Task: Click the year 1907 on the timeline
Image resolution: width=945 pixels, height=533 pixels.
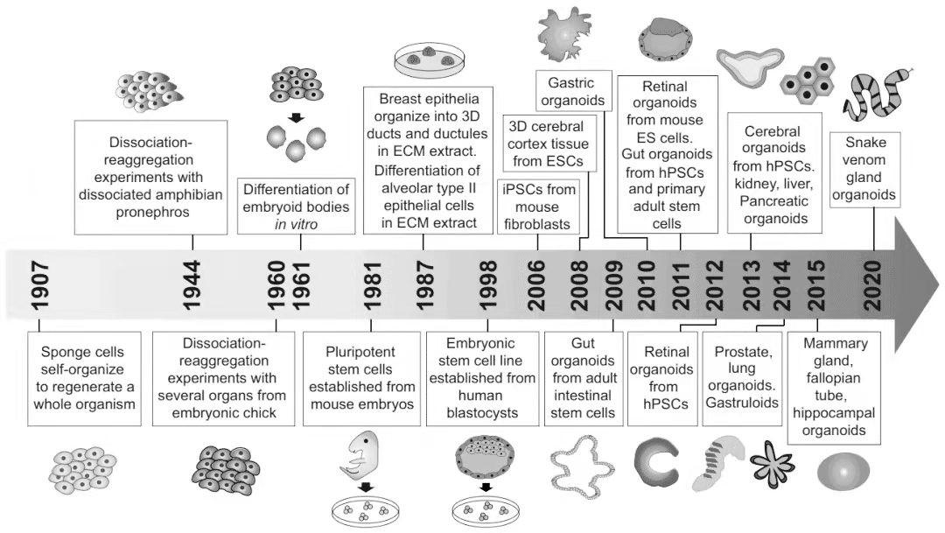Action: pyautogui.click(x=40, y=285)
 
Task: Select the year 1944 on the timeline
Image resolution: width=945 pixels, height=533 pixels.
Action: pyautogui.click(x=192, y=285)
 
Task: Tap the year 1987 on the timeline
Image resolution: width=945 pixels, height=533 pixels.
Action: pyautogui.click(x=424, y=285)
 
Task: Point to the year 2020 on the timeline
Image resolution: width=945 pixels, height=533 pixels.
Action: pyautogui.click(x=872, y=285)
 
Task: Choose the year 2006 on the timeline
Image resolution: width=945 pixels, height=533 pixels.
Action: pyautogui.click(x=535, y=285)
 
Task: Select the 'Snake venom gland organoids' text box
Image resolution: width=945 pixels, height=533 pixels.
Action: pyautogui.click(x=864, y=170)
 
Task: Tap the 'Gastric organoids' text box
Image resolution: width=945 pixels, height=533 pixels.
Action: pyautogui.click(x=572, y=92)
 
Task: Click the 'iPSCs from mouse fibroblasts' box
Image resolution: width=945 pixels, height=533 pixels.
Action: pyautogui.click(x=537, y=207)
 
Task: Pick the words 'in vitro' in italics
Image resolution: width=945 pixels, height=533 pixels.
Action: pyautogui.click(x=296, y=224)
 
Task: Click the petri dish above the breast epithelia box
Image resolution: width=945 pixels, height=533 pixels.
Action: pyautogui.click(x=430, y=61)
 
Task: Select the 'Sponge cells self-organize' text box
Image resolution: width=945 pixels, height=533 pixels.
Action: pyautogui.click(x=84, y=379)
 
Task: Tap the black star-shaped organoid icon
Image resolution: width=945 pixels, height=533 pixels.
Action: pyautogui.click(x=772, y=464)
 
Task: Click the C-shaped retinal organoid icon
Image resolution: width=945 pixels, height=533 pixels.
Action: pyautogui.click(x=656, y=462)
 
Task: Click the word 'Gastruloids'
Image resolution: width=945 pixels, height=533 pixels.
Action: pyautogui.click(x=742, y=403)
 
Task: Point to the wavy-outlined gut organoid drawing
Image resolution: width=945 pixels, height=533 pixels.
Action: pyautogui.click(x=582, y=466)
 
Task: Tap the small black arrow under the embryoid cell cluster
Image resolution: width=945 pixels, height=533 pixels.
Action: pyautogui.click(x=296, y=117)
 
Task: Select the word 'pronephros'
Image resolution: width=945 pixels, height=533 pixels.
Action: pyautogui.click(x=152, y=212)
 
